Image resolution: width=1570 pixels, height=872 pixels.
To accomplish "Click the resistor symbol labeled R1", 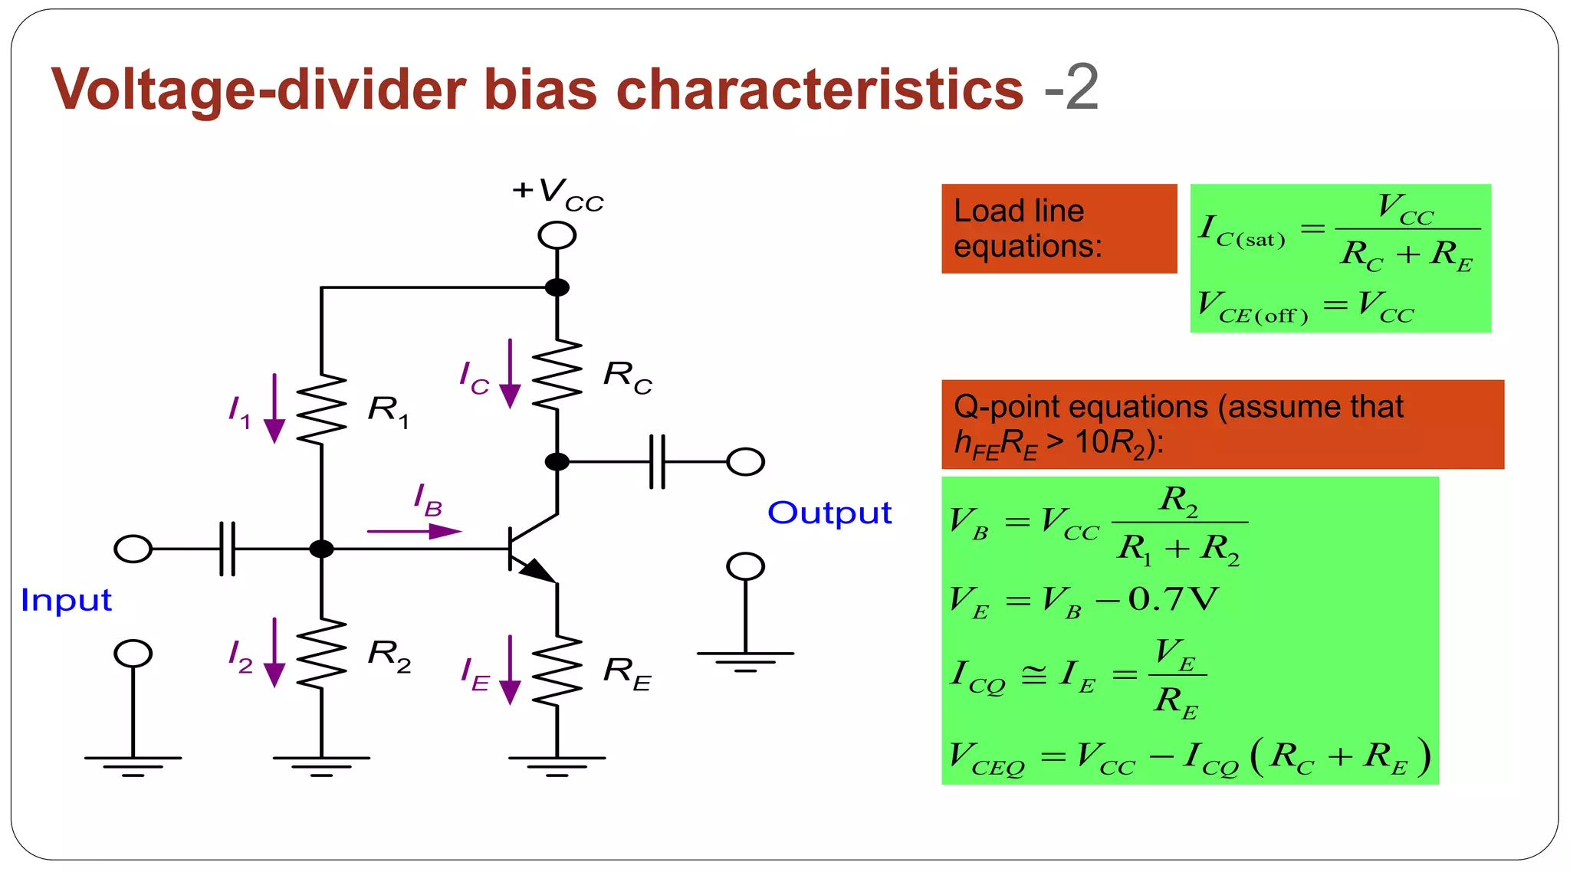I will click(x=321, y=409).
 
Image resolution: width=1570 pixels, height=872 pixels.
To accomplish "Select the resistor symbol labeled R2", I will click(x=321, y=653).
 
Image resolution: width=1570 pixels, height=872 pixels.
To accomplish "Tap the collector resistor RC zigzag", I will click(x=557, y=374).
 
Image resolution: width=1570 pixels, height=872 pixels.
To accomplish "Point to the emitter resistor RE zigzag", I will click(x=557, y=670).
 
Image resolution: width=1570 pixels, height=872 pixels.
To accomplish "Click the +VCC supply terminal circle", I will click(x=557, y=235).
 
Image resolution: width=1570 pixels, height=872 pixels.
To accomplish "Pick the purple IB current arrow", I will click(x=414, y=531).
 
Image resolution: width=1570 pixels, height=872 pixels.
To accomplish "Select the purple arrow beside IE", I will click(x=510, y=670).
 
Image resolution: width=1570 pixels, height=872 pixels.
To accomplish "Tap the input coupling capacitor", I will click(x=228, y=549).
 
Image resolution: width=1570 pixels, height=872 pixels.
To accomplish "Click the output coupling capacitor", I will click(x=657, y=462).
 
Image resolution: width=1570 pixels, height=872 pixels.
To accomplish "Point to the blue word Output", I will click(x=829, y=513).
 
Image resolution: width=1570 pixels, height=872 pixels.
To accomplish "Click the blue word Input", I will click(x=66, y=600).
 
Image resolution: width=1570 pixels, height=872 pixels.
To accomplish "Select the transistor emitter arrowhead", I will click(x=538, y=572).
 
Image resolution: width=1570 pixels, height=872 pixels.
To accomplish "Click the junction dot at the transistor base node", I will click(x=321, y=549).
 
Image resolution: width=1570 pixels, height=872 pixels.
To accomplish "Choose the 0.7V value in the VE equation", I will click(x=1173, y=599).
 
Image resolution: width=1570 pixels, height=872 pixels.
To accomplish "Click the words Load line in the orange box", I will click(x=1019, y=211).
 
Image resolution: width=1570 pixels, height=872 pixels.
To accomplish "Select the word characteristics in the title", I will click(x=819, y=90).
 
